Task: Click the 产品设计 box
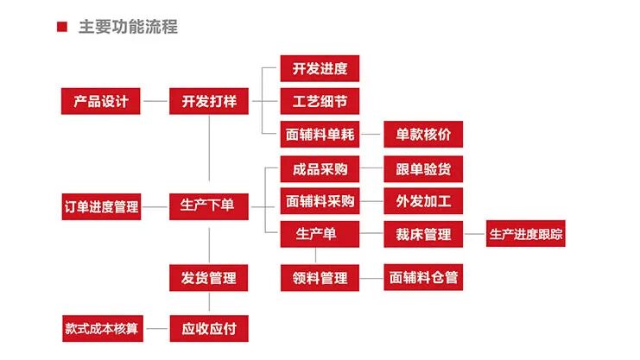tap(101, 101)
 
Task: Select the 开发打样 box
tap(209, 101)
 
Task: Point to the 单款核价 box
tap(423, 135)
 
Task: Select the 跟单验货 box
tap(423, 168)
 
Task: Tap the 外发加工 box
tap(423, 201)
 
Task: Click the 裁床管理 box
tap(423, 233)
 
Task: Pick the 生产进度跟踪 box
tap(525, 233)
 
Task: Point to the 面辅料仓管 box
tap(423, 278)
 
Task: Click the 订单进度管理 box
tap(101, 206)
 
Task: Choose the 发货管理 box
tap(209, 278)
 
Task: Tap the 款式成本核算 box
tap(101, 328)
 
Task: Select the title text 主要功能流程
tap(128, 27)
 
